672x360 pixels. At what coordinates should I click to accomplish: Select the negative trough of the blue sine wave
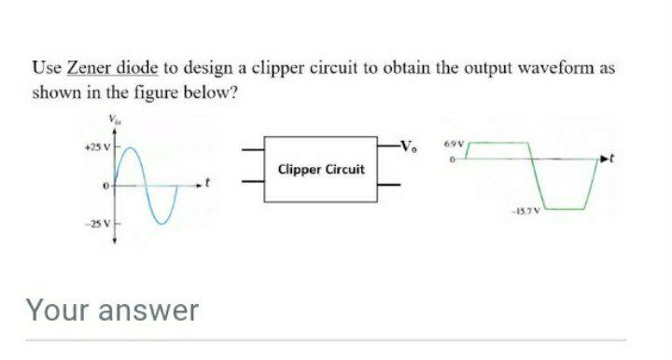[x=164, y=224]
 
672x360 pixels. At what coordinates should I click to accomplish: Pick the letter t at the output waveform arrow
[x=617, y=160]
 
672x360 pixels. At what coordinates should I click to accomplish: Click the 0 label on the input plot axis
[x=105, y=188]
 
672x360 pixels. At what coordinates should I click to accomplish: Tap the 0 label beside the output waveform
[x=450, y=161]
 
